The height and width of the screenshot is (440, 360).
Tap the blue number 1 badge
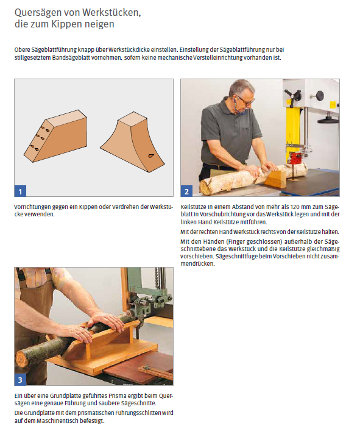(x=20, y=191)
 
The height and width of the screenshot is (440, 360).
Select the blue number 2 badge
(x=186, y=191)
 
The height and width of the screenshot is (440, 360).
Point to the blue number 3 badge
(x=20, y=380)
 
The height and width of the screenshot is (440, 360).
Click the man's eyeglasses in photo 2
(x=246, y=101)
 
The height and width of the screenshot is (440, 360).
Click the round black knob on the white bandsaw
(x=319, y=95)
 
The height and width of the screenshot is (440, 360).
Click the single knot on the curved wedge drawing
(x=151, y=155)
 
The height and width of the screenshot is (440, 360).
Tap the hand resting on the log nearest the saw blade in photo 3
(x=106, y=321)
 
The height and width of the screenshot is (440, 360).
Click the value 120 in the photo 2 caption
(x=295, y=207)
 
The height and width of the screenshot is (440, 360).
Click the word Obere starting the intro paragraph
(x=22, y=50)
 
